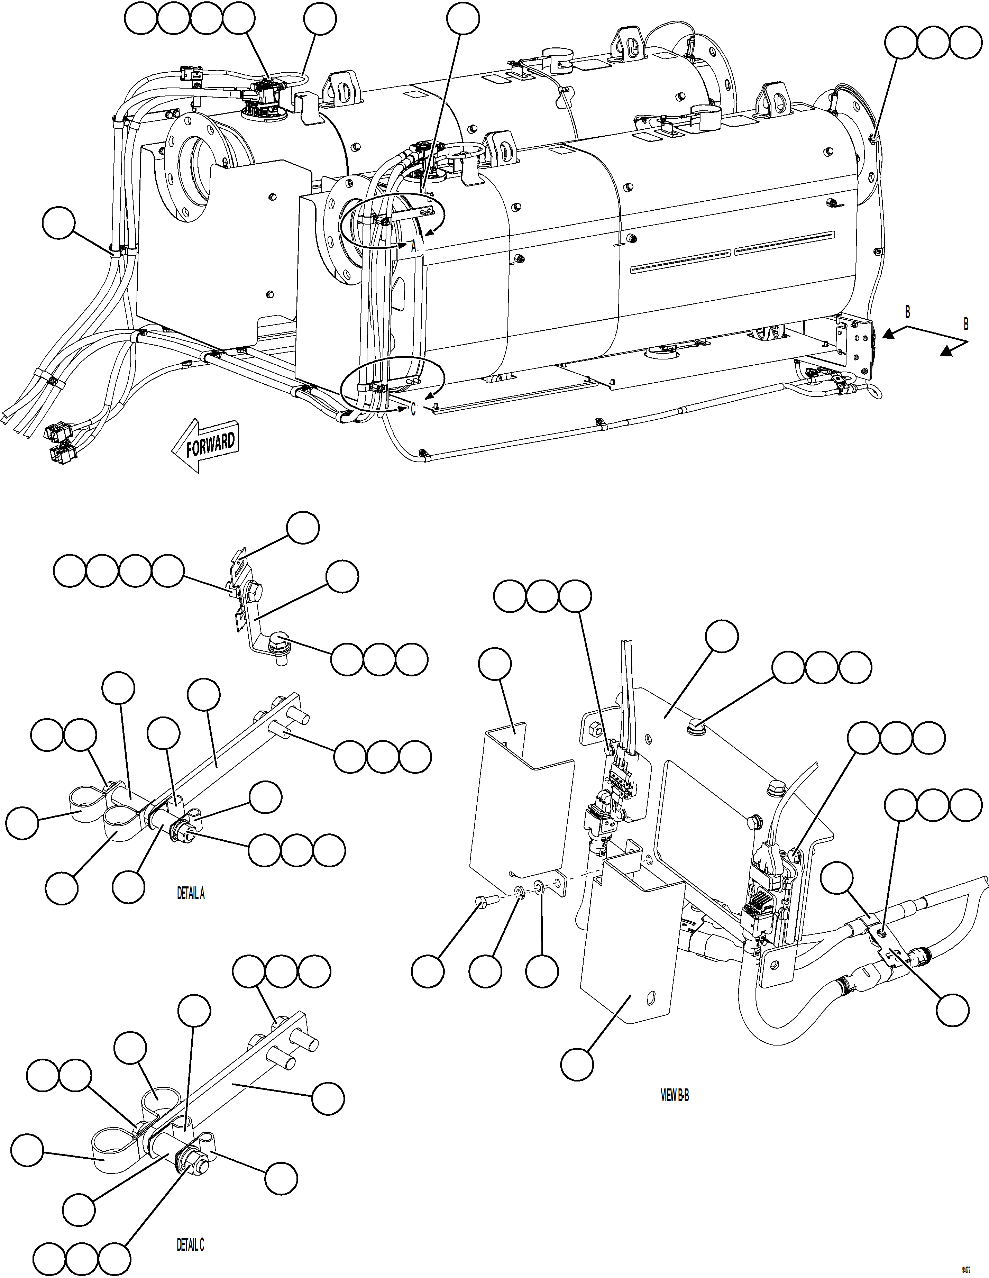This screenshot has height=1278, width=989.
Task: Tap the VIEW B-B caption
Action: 675,1095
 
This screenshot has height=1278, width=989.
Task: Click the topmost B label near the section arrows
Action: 907,312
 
